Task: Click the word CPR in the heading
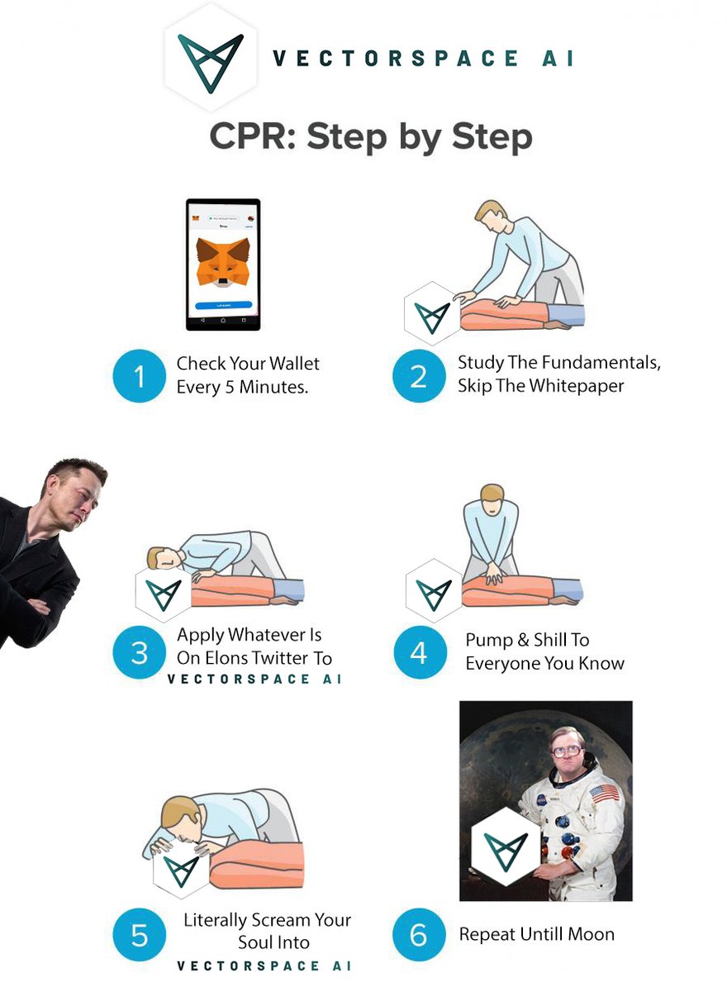pyautogui.click(x=251, y=136)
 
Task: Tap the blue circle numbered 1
pyautogui.click(x=139, y=377)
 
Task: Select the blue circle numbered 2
pyautogui.click(x=418, y=377)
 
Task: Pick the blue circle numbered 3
pyautogui.click(x=139, y=653)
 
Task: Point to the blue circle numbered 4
pyautogui.click(x=418, y=653)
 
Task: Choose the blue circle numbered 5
pyautogui.click(x=139, y=935)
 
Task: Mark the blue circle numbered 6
pyautogui.click(x=418, y=935)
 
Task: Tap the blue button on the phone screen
pyautogui.click(x=223, y=305)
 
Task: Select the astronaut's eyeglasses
pyautogui.click(x=568, y=751)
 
